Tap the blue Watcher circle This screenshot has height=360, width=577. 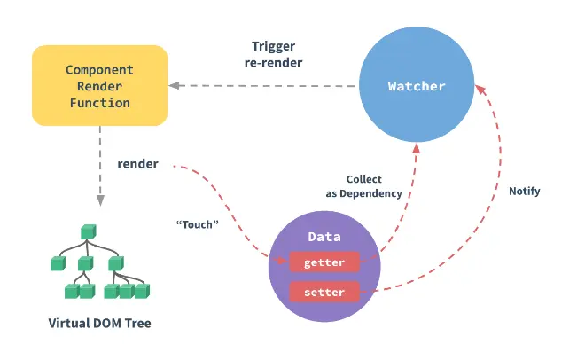(417, 86)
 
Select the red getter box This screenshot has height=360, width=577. (324, 262)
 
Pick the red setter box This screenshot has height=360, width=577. (324, 291)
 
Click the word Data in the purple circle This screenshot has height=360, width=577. (324, 237)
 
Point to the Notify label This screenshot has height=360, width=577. (524, 191)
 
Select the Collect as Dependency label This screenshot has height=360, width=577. (363, 186)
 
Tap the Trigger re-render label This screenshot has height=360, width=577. (276, 54)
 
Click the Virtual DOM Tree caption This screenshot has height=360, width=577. (99, 323)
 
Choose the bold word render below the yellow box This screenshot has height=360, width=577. (137, 164)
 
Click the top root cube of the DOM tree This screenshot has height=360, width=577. (88, 232)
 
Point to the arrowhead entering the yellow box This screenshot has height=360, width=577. (175, 85)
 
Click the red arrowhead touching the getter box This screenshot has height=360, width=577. (284, 260)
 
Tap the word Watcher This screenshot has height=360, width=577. (417, 86)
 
